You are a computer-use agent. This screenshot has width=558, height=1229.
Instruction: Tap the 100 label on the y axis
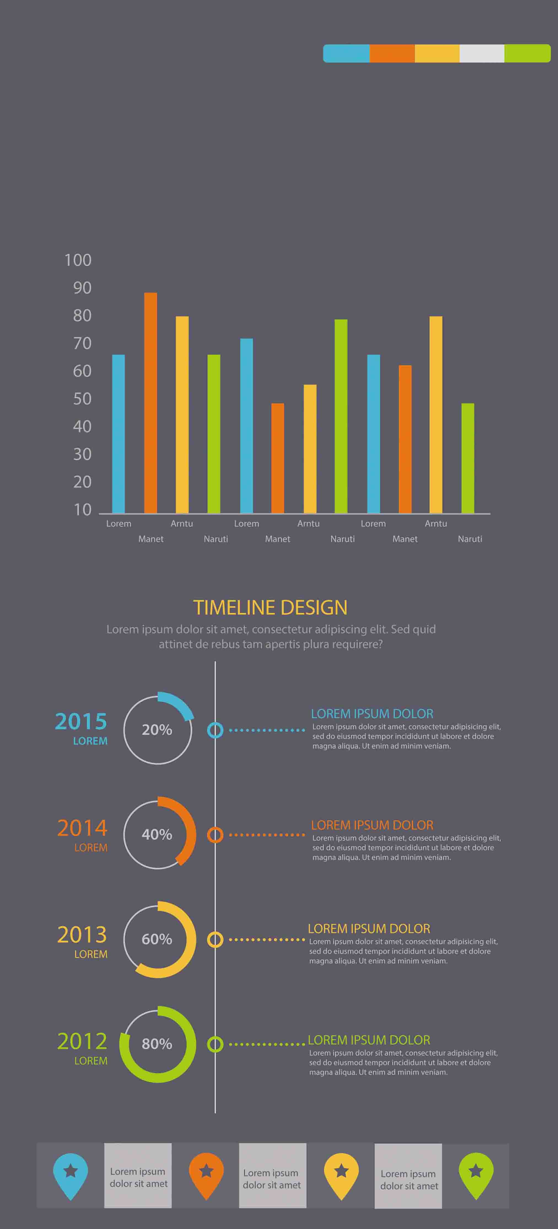pyautogui.click(x=78, y=260)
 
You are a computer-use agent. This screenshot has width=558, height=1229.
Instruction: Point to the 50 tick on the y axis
pyautogui.click(x=82, y=399)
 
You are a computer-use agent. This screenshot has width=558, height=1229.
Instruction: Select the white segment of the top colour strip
pyautogui.click(x=482, y=53)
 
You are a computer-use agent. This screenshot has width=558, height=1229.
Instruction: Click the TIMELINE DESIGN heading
pyautogui.click(x=270, y=607)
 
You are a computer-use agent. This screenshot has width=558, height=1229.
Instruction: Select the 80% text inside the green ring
pyautogui.click(x=157, y=1044)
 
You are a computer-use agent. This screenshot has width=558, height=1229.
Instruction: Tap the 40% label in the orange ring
pyautogui.click(x=157, y=834)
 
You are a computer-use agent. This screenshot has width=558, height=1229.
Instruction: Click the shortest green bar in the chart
pyautogui.click(x=468, y=458)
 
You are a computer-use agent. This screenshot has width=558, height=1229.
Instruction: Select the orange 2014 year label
pyautogui.click(x=82, y=828)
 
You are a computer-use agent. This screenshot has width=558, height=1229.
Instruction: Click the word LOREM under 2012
pyautogui.click(x=91, y=1060)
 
